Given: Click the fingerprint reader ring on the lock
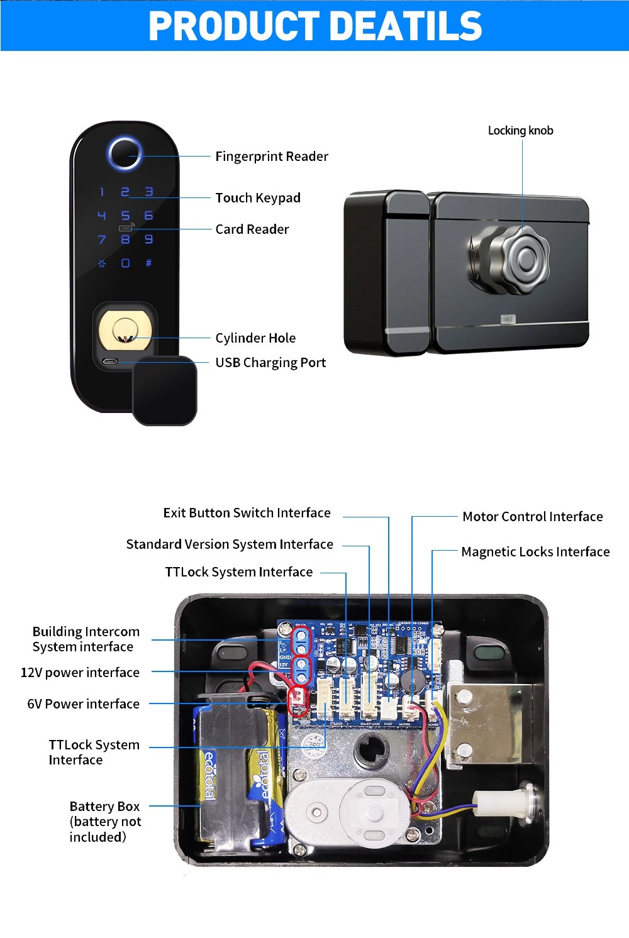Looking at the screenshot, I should (125, 153).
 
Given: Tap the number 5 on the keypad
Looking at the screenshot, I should (125, 216).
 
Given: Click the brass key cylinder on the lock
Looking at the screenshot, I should (125, 331).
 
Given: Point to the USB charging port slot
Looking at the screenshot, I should (110, 362).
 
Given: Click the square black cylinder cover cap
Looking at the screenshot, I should (165, 390).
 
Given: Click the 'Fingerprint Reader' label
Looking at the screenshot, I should (272, 157).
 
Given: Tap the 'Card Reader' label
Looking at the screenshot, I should (252, 229).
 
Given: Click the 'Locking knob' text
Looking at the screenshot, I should (520, 131).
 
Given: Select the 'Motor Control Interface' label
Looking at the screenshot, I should (532, 517).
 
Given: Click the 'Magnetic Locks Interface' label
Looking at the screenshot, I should (535, 552).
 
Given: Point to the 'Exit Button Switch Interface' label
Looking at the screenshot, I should (247, 513).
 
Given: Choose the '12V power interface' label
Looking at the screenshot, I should (80, 673).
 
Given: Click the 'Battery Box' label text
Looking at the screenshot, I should (104, 807).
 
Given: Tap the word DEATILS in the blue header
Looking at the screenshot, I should (406, 26).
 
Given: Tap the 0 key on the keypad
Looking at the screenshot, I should (125, 263).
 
